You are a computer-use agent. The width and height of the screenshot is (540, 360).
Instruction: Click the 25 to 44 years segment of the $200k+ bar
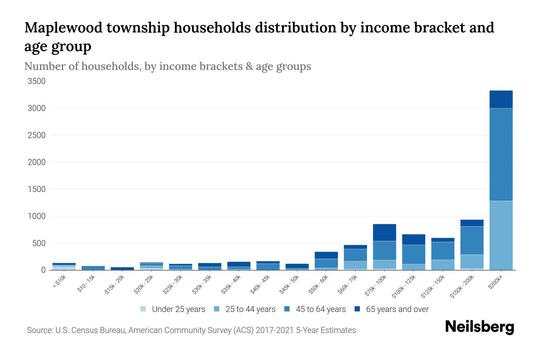(501, 235)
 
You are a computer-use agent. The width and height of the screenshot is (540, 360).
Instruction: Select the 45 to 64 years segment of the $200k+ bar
(501, 154)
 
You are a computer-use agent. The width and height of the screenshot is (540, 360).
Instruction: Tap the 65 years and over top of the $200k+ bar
(501, 99)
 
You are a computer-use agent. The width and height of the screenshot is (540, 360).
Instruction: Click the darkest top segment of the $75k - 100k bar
(385, 232)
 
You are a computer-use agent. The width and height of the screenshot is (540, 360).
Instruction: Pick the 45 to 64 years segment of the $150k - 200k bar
(472, 241)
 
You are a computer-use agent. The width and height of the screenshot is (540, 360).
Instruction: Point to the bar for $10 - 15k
(93, 268)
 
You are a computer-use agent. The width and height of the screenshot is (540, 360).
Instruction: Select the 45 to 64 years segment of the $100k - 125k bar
(414, 254)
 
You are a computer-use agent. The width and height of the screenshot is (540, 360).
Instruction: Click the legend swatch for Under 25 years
(143, 309)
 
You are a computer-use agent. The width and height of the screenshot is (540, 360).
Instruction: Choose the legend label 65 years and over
(397, 309)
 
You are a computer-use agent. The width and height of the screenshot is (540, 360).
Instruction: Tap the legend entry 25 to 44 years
(250, 309)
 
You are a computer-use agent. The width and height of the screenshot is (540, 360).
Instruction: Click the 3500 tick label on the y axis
(37, 81)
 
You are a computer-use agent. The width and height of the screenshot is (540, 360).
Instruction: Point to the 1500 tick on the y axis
(37, 189)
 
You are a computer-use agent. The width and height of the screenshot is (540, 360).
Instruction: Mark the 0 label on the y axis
(43, 270)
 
